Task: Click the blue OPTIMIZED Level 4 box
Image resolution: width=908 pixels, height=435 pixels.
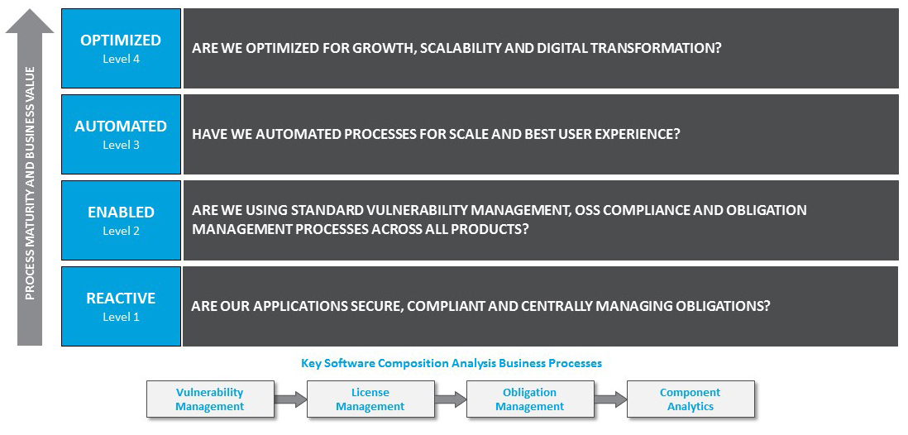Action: (121, 48)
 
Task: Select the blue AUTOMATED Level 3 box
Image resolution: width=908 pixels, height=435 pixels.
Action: (121, 134)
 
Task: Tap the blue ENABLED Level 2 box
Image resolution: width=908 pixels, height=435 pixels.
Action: (121, 220)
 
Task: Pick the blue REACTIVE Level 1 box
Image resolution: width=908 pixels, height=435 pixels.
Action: (121, 306)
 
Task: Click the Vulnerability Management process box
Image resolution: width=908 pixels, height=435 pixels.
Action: (209, 399)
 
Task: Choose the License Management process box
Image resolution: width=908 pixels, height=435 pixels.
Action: (370, 399)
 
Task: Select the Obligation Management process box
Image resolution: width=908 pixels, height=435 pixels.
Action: (529, 399)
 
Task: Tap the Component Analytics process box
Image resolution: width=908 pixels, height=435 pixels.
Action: (690, 399)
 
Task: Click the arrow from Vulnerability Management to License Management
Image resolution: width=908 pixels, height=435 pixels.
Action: (289, 399)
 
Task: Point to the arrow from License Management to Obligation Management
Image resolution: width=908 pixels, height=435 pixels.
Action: (450, 399)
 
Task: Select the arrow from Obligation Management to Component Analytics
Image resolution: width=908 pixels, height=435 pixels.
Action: (610, 399)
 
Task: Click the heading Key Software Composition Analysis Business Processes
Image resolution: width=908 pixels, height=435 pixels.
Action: (451, 363)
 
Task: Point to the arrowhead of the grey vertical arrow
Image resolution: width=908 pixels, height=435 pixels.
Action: (30, 21)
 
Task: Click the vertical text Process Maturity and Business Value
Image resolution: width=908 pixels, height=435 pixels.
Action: (31, 182)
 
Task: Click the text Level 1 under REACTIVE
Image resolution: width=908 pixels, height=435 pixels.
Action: (121, 317)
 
